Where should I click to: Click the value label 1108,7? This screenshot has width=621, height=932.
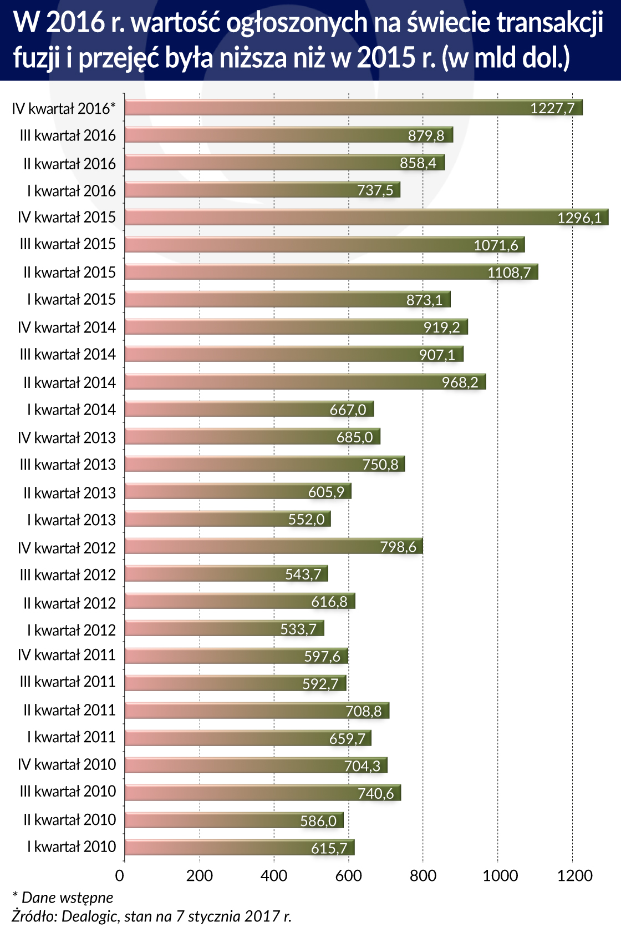(509, 273)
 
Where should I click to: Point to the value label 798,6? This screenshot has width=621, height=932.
(398, 547)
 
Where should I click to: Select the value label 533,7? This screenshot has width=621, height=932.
(298, 629)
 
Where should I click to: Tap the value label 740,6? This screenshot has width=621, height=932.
(376, 793)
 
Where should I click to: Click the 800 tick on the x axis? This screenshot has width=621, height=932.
(423, 875)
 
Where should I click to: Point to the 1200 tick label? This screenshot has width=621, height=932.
(574, 875)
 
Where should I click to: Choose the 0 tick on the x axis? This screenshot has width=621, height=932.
(120, 875)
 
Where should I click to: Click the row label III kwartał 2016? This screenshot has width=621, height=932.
(68, 135)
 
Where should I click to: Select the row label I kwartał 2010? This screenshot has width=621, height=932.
(72, 847)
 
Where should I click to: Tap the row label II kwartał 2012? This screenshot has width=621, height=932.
(69, 603)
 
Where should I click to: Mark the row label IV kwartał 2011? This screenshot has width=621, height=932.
(67, 655)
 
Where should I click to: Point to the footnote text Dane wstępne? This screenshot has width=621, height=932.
(67, 898)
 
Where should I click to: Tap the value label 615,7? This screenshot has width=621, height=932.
(329, 848)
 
